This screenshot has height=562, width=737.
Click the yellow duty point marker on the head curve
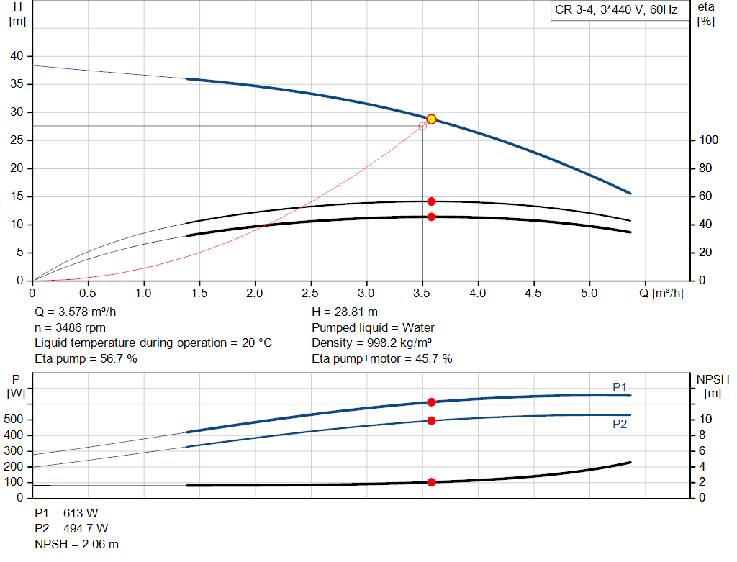(x=431, y=119)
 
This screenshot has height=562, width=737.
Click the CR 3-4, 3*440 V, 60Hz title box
(x=616, y=11)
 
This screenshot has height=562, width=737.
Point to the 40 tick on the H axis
(x=17, y=56)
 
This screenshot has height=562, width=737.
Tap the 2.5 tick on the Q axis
(x=311, y=294)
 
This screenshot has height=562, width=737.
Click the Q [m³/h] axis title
(x=663, y=294)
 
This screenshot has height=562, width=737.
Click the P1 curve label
(x=620, y=387)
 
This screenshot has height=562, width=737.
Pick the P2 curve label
(x=620, y=425)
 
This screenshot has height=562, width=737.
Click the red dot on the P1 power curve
(x=431, y=402)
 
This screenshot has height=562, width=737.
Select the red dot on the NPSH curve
(x=431, y=482)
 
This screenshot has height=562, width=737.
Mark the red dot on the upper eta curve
(x=431, y=201)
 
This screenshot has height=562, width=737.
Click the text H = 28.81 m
(x=345, y=312)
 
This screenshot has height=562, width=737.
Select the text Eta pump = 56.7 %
(x=86, y=358)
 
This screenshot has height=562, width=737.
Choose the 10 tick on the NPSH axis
(x=706, y=420)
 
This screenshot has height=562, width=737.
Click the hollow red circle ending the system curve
(x=422, y=126)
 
